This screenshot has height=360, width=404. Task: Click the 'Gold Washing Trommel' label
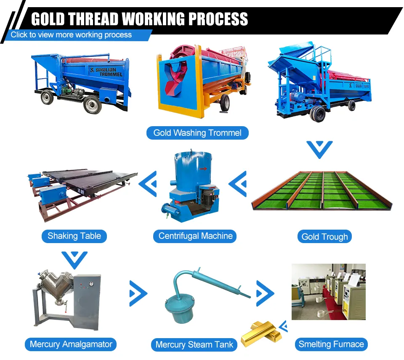pos(197,133)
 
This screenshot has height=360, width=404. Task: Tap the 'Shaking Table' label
pos(74,236)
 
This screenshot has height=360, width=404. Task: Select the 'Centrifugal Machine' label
pos(195,236)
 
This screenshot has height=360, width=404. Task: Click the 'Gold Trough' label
pos(324,236)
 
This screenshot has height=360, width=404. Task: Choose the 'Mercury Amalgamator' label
pos(71,344)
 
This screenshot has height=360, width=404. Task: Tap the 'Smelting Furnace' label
pos(331,344)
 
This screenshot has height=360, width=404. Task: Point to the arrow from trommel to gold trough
pos(319,150)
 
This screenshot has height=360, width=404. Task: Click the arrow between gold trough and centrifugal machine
pos(238,183)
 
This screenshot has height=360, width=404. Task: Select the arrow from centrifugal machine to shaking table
pos(148,183)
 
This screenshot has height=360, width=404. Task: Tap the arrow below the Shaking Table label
pos(74,259)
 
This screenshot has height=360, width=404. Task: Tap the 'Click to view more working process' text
pos(72,35)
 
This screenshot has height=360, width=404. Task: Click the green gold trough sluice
pos(322,191)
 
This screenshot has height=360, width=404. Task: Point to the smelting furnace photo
pos(329,292)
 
